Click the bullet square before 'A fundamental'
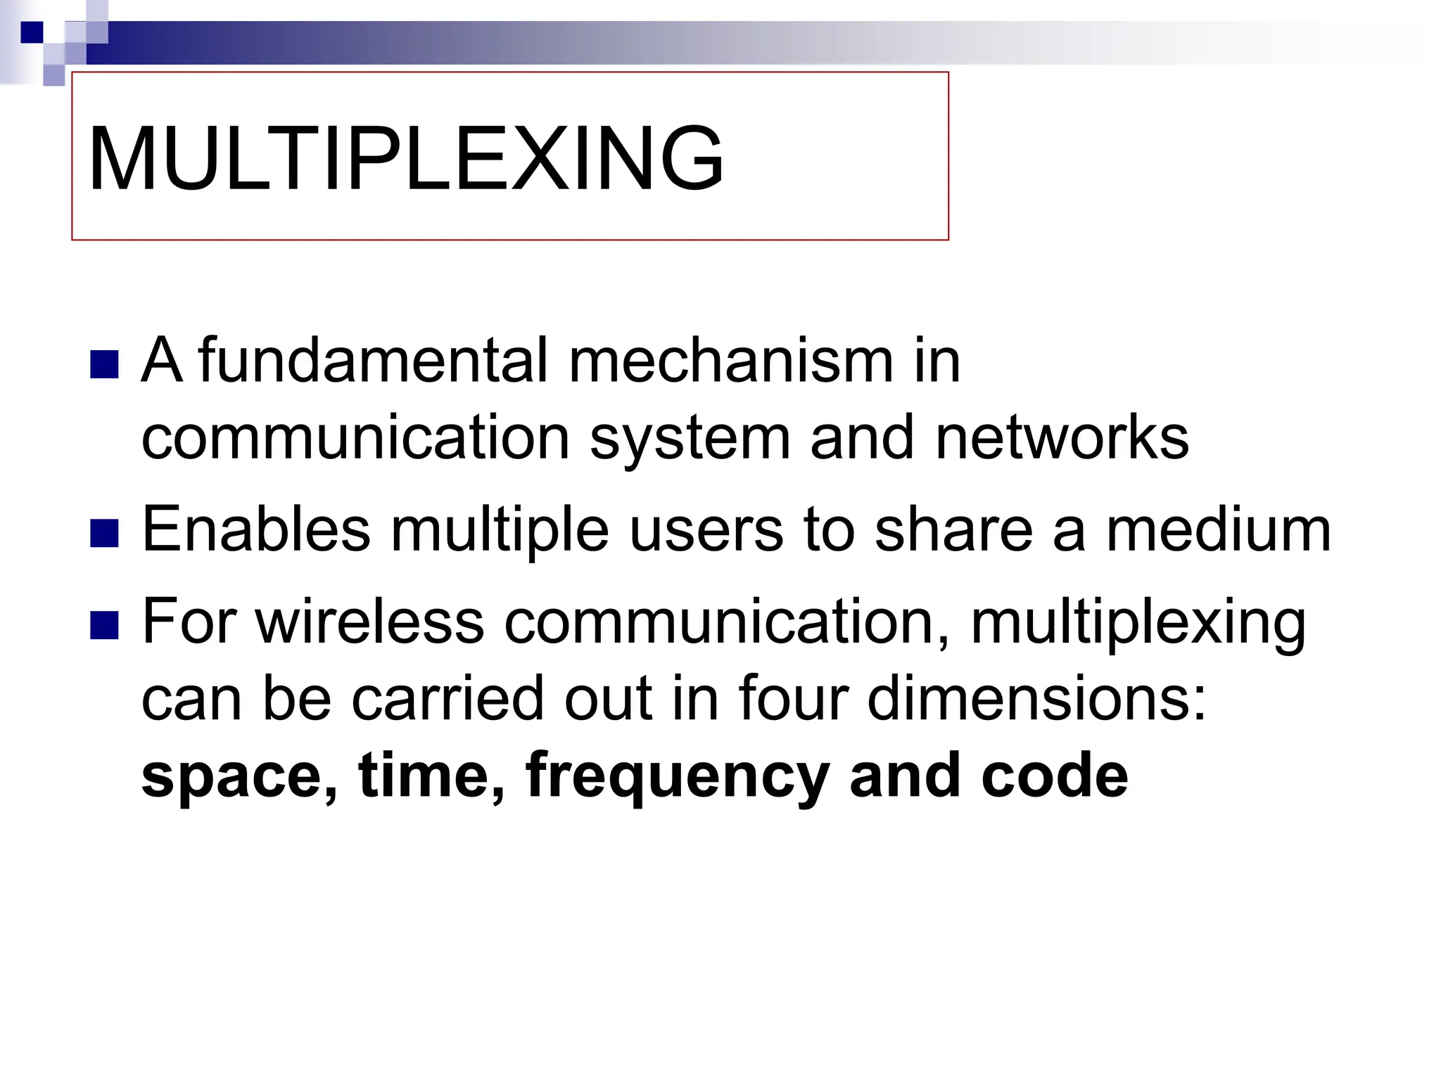point(104,364)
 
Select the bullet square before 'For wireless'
point(104,625)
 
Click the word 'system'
point(690,439)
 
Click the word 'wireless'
point(370,621)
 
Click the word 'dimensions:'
point(1037,698)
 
